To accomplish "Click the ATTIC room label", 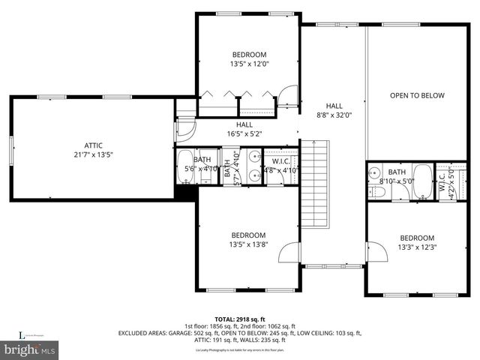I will pos(93,145).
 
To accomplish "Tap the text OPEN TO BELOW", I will pos(417,95).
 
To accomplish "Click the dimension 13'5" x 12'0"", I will pos(248,64).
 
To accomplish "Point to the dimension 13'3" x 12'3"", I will pos(416,247).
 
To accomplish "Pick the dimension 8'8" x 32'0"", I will pos(334,115).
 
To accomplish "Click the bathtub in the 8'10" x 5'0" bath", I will pos(422,182).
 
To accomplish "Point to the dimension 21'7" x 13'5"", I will pos(93,155).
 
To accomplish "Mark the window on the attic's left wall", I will pos(11,148).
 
